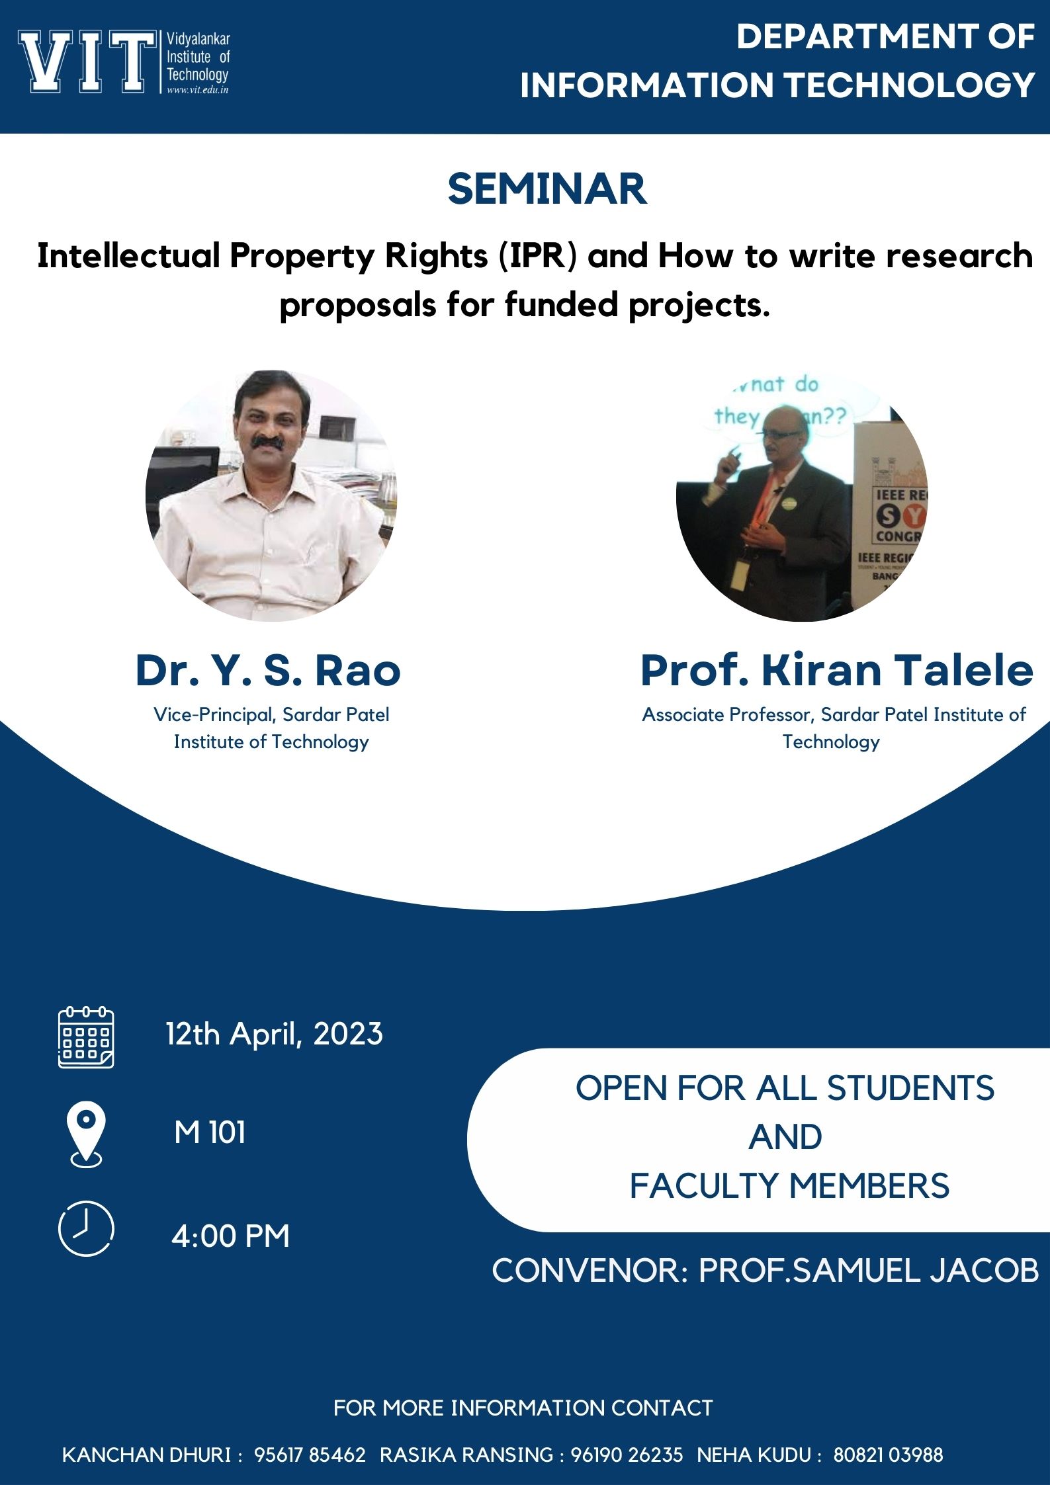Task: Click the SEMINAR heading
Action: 547,189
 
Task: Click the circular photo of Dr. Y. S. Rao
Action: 271,495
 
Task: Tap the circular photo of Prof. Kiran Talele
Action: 802,495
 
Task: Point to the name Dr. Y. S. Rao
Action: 268,670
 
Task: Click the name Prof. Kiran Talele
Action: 836,670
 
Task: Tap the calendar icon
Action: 86,1037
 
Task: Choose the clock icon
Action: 86,1228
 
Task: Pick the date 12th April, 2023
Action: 274,1034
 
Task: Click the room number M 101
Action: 210,1132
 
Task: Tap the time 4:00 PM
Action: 230,1236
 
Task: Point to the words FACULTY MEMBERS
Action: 789,1185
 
